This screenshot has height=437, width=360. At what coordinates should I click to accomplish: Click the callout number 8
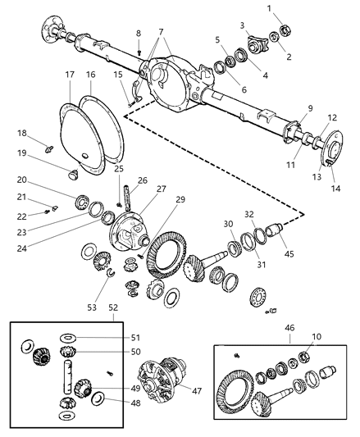click(x=138, y=33)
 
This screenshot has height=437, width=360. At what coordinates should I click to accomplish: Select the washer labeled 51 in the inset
click(x=68, y=337)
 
